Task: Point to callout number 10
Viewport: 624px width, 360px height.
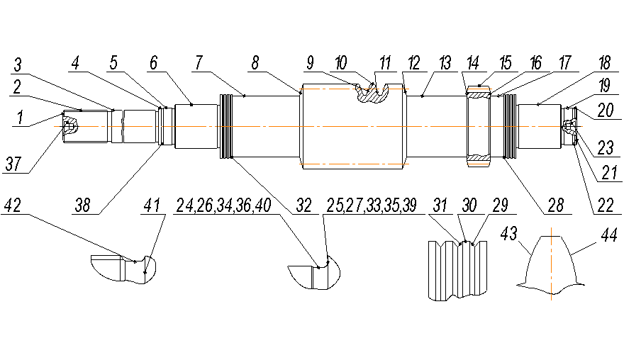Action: click(x=341, y=63)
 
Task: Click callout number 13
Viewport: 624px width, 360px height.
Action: click(x=445, y=63)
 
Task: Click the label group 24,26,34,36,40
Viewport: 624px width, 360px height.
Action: click(x=222, y=206)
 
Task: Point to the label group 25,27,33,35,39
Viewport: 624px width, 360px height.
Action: click(x=371, y=206)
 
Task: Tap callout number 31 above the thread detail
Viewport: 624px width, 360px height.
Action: click(x=440, y=206)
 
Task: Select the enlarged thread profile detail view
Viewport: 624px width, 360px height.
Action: click(x=459, y=269)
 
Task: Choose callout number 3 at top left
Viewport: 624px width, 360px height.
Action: click(x=19, y=66)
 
